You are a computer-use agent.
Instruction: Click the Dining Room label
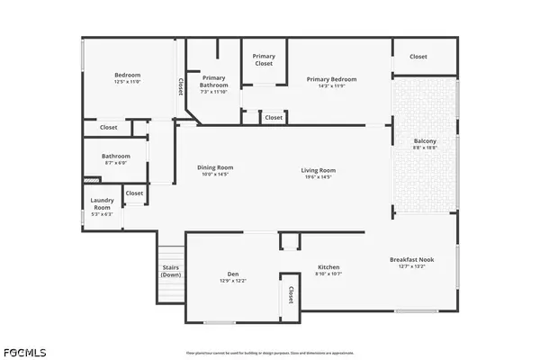coord(215,166)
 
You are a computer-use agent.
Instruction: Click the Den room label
coord(232,274)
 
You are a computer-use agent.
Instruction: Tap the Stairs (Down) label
coord(171,271)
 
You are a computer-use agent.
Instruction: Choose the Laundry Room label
coord(102,203)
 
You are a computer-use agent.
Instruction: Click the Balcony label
coord(425,141)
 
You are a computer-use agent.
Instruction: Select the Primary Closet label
coord(264,60)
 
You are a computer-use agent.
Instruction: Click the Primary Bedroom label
coord(331,79)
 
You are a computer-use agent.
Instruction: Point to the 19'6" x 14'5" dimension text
coord(318,177)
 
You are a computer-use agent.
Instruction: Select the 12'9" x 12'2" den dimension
coord(232,281)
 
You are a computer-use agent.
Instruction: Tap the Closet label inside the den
coord(291,294)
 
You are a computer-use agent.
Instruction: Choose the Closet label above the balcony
coord(418,57)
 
